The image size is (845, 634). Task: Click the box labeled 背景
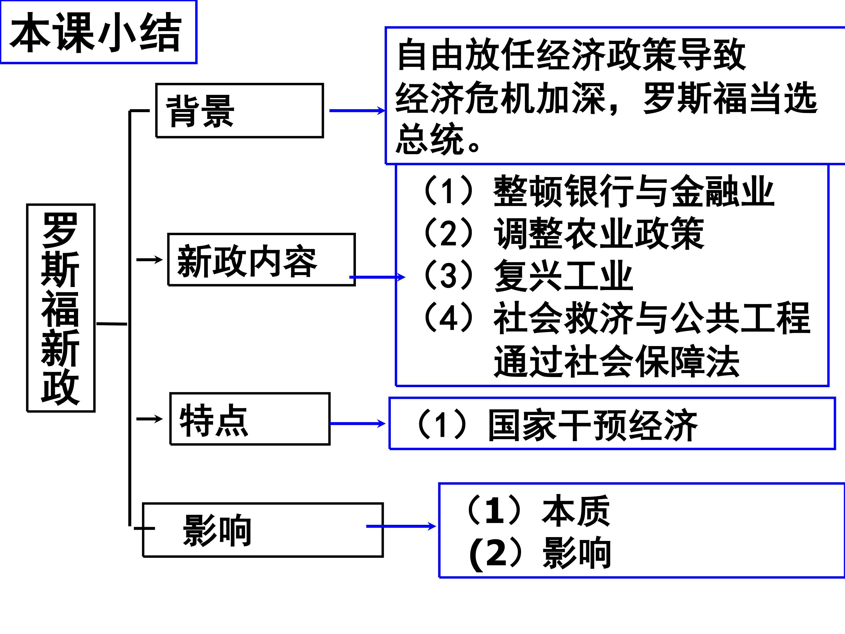pos(239,110)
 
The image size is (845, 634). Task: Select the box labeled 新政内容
pos(261,260)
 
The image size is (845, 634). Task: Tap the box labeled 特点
pos(250,419)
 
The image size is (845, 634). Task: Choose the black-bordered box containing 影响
pos(263,530)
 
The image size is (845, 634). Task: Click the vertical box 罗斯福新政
pos(61,308)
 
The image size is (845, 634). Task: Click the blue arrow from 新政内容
pos(377,277)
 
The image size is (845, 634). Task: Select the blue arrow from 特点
pos(357,424)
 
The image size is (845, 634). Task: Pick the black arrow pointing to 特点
pos(149,419)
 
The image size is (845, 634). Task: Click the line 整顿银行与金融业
pos(633,191)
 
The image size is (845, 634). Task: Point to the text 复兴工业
pos(563,275)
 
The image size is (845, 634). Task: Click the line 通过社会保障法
pos(616,361)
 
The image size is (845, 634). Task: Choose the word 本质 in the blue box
pos(576,511)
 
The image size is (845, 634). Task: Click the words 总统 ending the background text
pos(430,139)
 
